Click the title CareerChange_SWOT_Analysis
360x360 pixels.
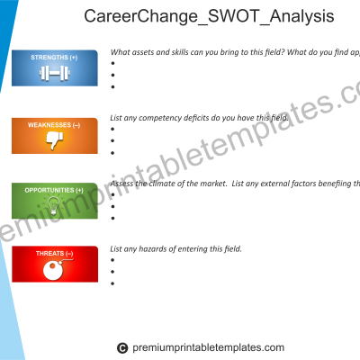[x=208, y=17]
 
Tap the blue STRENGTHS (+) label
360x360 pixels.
[x=54, y=58]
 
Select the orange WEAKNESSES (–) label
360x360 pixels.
[x=54, y=124]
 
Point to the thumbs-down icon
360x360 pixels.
[x=55, y=139]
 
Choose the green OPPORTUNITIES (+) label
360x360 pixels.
[x=54, y=190]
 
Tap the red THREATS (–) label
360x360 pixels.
[x=54, y=254]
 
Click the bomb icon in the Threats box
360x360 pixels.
[x=55, y=270]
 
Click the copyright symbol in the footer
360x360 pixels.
[x=122, y=348]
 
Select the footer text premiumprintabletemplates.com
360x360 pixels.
[x=209, y=348]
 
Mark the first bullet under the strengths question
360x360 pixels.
[x=112, y=64]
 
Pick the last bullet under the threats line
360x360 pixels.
[x=112, y=283]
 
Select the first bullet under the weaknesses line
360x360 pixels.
[x=112, y=129]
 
